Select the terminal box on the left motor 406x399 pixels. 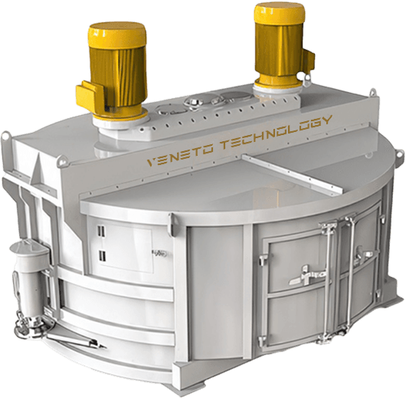click(x=90, y=94)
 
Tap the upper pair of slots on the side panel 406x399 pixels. click(x=101, y=232)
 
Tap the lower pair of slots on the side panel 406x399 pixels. click(x=101, y=256)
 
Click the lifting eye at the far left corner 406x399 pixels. click(x=5, y=137)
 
